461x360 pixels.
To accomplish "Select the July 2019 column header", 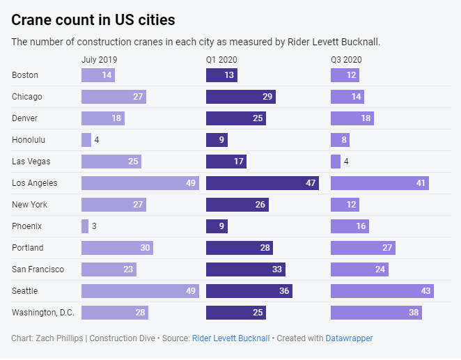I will point(99,60).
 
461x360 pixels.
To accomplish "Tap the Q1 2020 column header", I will point(222,60).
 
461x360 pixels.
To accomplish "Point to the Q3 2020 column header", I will point(346,60).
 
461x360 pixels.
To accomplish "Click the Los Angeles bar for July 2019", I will point(140,183).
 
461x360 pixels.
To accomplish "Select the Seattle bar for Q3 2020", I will point(382,291).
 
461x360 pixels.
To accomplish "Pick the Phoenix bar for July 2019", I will point(85,226).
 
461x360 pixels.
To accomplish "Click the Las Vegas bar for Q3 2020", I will point(336,162).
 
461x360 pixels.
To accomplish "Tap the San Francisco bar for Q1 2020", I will point(245,269).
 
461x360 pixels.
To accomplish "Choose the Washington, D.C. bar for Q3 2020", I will point(376,313).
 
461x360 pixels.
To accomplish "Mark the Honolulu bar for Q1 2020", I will point(217,140).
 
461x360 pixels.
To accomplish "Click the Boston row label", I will point(25,75).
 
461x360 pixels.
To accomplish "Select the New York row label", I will point(29,205).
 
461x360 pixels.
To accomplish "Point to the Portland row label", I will point(28,248).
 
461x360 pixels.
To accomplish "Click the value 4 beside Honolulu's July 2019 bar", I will point(97,140).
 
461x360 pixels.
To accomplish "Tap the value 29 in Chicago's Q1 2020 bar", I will point(267,97).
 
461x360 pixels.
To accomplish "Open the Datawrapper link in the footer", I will point(349,338).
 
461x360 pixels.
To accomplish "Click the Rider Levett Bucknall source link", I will point(230,338).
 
